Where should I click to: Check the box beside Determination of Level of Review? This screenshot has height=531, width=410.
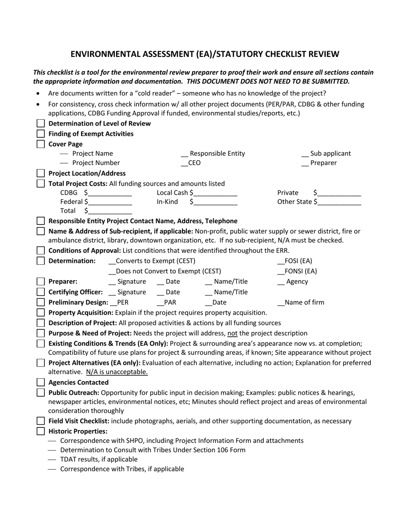41,123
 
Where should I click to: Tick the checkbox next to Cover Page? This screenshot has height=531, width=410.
41,144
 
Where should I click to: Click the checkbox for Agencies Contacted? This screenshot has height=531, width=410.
41,382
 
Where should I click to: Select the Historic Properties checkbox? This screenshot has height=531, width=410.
41,431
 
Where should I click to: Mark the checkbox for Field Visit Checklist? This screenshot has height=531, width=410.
41,421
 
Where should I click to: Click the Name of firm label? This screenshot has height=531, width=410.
304,302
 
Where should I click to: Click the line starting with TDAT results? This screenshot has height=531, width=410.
99,459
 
